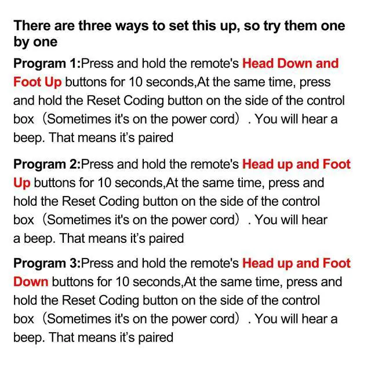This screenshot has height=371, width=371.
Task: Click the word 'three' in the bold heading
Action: (95, 26)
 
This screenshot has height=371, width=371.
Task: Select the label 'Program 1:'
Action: (47, 64)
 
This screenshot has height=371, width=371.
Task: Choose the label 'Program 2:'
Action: (47, 165)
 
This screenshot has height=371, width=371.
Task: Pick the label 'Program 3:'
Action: (47, 263)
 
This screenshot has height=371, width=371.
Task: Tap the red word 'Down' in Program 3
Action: (31, 282)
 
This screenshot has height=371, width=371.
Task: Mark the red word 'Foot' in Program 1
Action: (27, 82)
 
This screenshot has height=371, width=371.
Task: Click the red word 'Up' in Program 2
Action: (22, 183)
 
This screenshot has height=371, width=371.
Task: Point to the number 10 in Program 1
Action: (135, 82)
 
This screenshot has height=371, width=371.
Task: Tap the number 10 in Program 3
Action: (122, 282)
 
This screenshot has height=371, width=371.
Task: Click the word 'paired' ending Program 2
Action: (166, 238)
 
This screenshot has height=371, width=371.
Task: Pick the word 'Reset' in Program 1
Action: (103, 100)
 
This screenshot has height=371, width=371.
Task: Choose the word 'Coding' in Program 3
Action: (118, 301)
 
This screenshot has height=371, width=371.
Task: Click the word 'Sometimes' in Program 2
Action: (79, 220)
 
